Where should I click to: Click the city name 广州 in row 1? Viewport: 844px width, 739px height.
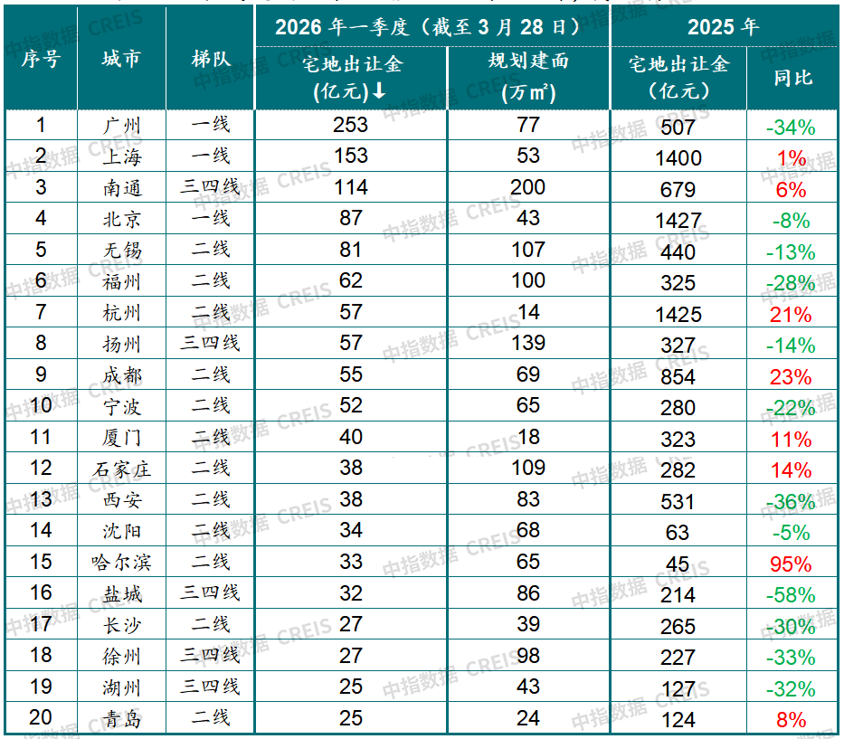coord(122,125)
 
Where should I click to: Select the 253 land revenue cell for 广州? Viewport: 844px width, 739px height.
coord(351,125)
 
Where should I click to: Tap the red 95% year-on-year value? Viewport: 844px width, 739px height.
coord(790,564)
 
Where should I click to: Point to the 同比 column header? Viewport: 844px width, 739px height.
coord(792,78)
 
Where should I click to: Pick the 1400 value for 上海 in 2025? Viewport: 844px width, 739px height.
coord(678,158)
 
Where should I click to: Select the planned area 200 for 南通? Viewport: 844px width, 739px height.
coord(528,187)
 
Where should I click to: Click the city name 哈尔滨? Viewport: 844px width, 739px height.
coord(122,562)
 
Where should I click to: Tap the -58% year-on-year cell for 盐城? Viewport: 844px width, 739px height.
coord(790,595)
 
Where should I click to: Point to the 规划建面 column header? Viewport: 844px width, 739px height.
coord(528,78)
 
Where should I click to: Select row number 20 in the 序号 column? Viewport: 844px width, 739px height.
coord(41,718)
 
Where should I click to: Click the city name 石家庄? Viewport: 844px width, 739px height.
coord(122,469)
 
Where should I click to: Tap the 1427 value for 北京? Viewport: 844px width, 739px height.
coord(678,221)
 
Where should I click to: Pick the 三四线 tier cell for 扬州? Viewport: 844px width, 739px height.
coord(211,343)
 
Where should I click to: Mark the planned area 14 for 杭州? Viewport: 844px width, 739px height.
coord(528,312)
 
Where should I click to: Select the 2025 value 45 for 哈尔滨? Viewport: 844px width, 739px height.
coord(678,564)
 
